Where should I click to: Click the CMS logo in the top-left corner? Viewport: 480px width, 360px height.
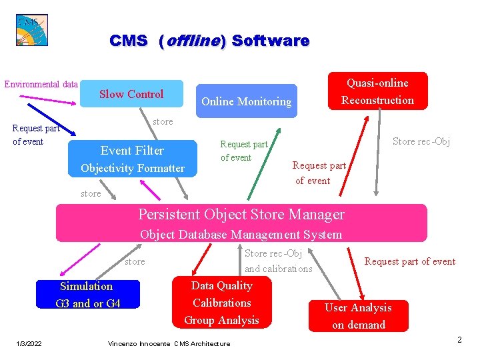[x=32, y=30]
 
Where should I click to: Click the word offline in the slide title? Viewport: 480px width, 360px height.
[x=192, y=41]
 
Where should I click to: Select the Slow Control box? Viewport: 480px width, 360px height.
[x=131, y=95]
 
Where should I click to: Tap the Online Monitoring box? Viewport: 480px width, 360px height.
[x=246, y=101]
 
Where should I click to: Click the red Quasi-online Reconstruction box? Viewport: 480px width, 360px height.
[x=377, y=91]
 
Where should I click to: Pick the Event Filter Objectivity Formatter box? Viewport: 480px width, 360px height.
[x=133, y=159]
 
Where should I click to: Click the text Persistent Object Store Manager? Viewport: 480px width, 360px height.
[x=241, y=215]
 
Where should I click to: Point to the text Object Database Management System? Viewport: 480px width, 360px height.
[x=241, y=234]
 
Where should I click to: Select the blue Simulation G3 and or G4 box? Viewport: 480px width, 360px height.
[x=87, y=295]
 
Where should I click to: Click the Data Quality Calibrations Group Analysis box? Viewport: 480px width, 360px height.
[x=222, y=303]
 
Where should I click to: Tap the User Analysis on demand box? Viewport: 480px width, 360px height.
[x=358, y=316]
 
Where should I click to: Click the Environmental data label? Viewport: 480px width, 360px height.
[x=41, y=85]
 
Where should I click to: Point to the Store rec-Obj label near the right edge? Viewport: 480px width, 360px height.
[x=421, y=141]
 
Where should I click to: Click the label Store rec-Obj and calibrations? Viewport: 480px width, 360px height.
[x=278, y=261]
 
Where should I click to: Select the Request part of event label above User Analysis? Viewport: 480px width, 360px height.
[x=409, y=261]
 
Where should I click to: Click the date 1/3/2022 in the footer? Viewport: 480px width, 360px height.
[x=29, y=343]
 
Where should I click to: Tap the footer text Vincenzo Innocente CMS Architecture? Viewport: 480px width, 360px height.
[x=169, y=343]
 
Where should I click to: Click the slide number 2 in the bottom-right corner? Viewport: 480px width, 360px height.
[x=459, y=340]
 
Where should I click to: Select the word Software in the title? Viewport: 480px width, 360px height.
[x=271, y=41]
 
